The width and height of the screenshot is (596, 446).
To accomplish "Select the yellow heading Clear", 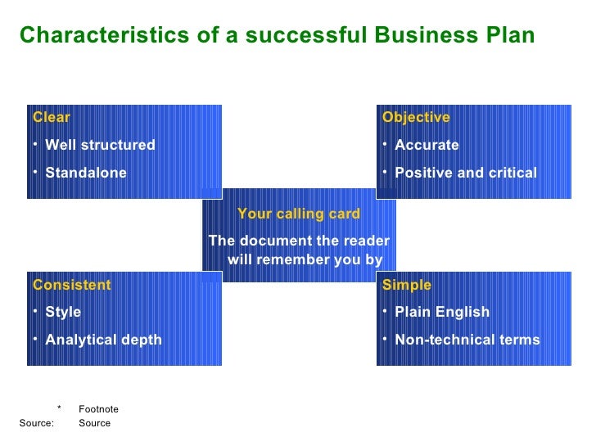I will click(52, 117).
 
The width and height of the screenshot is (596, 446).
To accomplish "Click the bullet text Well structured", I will click(100, 145).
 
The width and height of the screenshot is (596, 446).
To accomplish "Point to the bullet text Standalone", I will click(86, 173).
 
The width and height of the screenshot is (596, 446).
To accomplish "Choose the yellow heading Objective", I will click(416, 117).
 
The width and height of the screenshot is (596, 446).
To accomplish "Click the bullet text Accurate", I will click(427, 145).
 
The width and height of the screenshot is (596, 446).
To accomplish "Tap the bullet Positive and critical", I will click(466, 173).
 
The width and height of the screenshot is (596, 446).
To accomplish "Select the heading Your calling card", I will click(298, 214).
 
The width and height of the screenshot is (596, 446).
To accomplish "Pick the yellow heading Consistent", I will click(71, 285).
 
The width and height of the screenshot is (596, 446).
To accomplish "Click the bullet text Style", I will click(63, 312).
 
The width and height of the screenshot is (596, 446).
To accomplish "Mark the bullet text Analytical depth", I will click(103, 340).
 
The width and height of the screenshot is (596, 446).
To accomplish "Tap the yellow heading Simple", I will click(406, 285).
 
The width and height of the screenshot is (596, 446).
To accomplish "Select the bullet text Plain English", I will click(442, 312).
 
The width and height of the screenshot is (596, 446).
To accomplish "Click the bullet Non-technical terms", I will click(467, 340).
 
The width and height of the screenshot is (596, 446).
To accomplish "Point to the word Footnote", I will click(98, 409).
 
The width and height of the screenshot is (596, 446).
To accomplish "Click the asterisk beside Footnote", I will click(59, 408).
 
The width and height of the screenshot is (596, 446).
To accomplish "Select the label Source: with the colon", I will click(36, 423).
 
